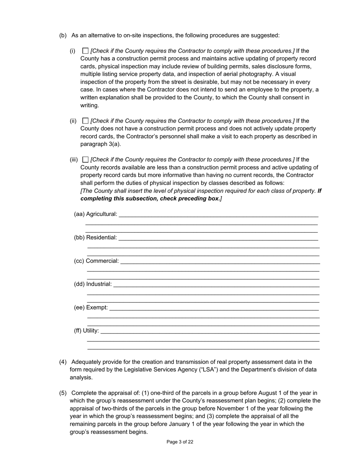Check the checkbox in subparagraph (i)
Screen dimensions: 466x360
pos(85,51)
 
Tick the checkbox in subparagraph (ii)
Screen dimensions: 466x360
pos(85,121)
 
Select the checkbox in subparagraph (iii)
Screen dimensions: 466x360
pos(85,160)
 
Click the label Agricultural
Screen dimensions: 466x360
pos(102,214)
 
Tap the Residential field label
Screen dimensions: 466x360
pos(101,238)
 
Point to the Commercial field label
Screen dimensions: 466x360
pos(102,261)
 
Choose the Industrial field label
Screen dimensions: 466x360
pos(99,284)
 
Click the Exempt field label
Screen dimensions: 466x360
pos(97,307)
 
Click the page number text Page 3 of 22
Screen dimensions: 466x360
pos(180,442)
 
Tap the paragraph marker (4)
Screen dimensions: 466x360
pos(63,362)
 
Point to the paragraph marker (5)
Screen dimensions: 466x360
pos(63,393)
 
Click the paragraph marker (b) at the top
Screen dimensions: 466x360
pos(63,35)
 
